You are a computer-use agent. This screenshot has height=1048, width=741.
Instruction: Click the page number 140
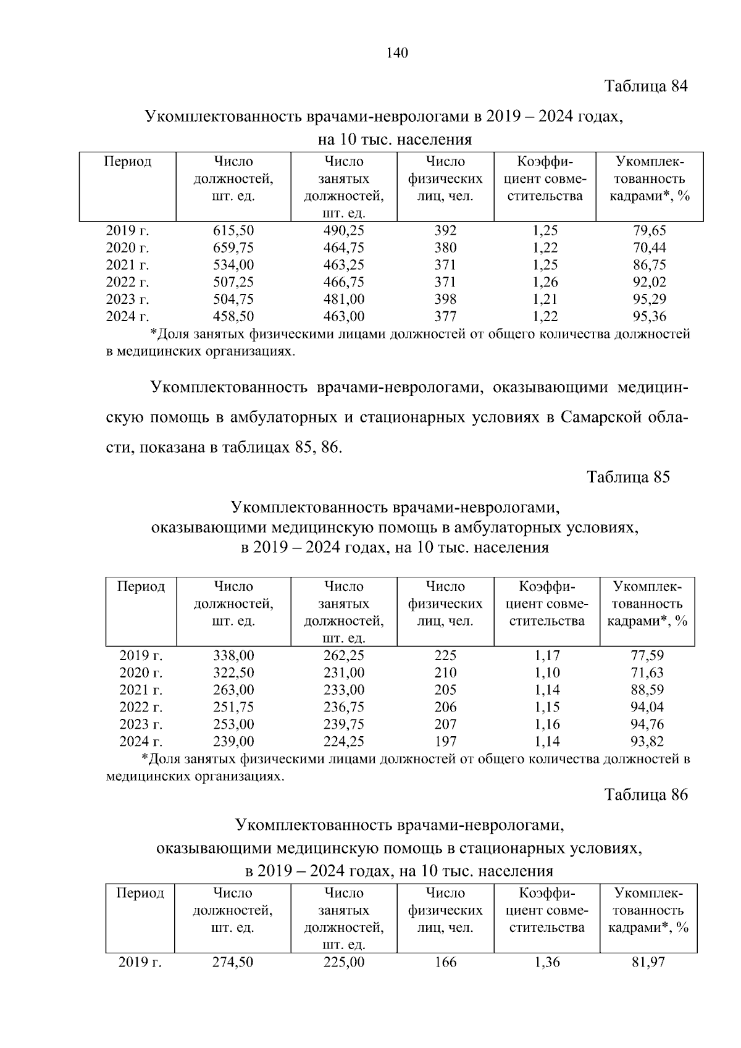pos(397,53)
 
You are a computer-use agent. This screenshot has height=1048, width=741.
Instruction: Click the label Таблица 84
pos(645,86)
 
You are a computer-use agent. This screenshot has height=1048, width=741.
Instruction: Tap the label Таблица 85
pos(628,477)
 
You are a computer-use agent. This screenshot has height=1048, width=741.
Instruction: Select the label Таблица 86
pos(646,794)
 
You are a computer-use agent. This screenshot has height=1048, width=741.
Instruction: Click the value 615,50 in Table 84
pos(233,231)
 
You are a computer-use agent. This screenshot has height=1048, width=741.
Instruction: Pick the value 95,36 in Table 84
pos(650,317)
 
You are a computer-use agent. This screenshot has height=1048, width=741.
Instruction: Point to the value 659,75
pos(233,248)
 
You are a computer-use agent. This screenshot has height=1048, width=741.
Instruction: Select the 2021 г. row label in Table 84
pos(128,266)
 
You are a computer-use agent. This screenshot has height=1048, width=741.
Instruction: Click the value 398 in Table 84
pos(445,300)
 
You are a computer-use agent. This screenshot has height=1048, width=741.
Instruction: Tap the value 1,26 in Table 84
pos(545,282)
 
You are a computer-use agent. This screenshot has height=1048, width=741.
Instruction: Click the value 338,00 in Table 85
pos(233,656)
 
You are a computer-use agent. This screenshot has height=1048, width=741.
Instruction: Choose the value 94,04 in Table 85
pos(647,707)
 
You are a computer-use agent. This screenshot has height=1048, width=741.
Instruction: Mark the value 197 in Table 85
pos(445,742)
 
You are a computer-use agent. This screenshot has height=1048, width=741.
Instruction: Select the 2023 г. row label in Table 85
pos(141,724)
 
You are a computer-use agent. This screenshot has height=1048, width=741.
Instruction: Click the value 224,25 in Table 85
pos(344,742)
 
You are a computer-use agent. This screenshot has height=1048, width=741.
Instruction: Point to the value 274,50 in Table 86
pos(233,962)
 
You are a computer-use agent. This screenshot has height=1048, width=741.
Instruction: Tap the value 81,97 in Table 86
pos(648,962)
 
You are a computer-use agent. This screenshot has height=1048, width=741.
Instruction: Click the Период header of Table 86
pos(140,894)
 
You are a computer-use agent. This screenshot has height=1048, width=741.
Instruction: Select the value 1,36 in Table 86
pos(546,962)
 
